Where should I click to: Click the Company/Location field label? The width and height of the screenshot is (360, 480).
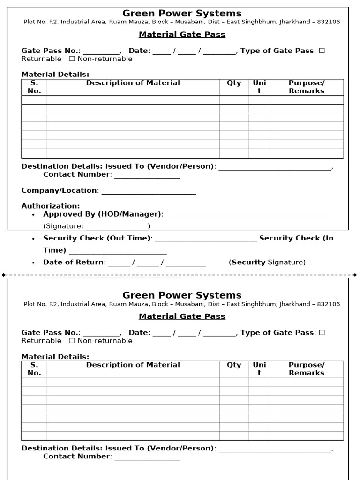coord(60,190)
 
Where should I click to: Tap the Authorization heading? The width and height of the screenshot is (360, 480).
coord(51,206)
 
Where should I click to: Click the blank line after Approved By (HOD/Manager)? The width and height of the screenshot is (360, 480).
coord(249,216)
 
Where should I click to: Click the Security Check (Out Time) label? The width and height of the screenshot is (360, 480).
coord(97,238)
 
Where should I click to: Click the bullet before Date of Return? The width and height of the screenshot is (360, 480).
coord(33,262)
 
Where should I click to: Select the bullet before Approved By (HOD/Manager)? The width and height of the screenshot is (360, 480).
coord(33,215)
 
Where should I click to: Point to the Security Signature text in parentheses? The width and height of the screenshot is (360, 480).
coord(267,262)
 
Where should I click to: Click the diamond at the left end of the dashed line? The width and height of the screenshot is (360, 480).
coord(4,275)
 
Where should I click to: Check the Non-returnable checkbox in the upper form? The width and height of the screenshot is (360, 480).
coord(72,59)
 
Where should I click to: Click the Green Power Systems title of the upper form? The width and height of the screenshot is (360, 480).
coord(182,14)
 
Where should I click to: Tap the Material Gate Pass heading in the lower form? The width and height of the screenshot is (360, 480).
coord(182,316)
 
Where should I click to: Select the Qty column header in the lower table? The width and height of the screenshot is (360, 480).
coord(234,365)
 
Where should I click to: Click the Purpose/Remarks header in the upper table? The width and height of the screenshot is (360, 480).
coord(307,87)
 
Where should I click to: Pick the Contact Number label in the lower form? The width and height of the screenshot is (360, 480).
coord(77,456)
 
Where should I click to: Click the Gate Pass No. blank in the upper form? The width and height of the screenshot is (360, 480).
coord(102,52)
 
